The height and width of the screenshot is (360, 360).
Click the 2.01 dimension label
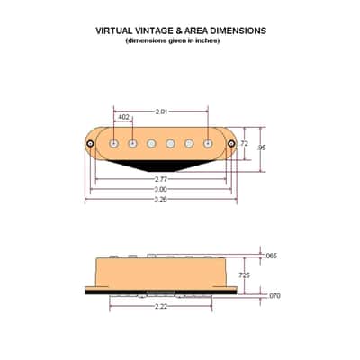coord(161,112)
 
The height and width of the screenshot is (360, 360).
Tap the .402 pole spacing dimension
coord(123,117)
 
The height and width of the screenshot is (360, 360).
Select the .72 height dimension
coord(244,144)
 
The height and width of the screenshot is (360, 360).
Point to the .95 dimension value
coord(262,148)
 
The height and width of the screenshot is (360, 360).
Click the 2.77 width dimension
coord(161,179)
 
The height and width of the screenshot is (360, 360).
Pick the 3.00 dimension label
coord(161,190)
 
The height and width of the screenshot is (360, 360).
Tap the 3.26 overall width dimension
coord(161,200)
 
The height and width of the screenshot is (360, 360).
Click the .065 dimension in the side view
coord(271,256)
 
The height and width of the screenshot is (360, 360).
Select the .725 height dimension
coord(244,275)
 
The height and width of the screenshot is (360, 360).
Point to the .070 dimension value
coord(274,296)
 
